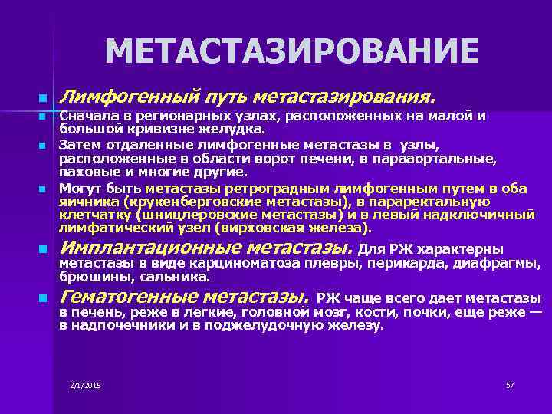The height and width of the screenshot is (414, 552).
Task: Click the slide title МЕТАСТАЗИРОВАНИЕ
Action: click(291, 52)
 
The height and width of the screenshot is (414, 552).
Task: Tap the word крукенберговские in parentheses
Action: click(172, 201)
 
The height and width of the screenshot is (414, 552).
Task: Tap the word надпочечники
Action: click(116, 325)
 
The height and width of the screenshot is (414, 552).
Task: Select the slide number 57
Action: click(510, 384)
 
